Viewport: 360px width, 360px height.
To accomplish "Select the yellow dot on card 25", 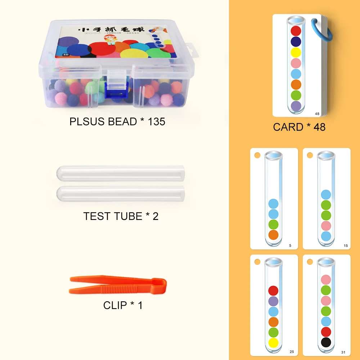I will click(273, 343).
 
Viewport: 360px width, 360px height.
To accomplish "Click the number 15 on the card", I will click(346, 246).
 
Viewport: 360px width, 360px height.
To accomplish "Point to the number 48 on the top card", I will click(317, 114).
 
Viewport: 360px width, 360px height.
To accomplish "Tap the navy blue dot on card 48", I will click(296, 41).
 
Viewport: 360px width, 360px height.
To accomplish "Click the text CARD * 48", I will click(299, 127).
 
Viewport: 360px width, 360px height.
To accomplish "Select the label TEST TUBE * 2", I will click(121, 216).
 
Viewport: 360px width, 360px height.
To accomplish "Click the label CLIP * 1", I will click(123, 305).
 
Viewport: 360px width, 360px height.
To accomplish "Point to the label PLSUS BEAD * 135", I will click(117, 121).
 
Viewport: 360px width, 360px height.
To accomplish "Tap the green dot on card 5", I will click(273, 225).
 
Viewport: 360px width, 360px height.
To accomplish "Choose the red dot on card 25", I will click(273, 291).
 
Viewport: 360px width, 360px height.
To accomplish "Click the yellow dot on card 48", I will click(296, 53).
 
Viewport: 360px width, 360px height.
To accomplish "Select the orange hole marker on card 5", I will click(257, 155).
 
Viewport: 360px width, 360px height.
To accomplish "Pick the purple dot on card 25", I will click(273, 301).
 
